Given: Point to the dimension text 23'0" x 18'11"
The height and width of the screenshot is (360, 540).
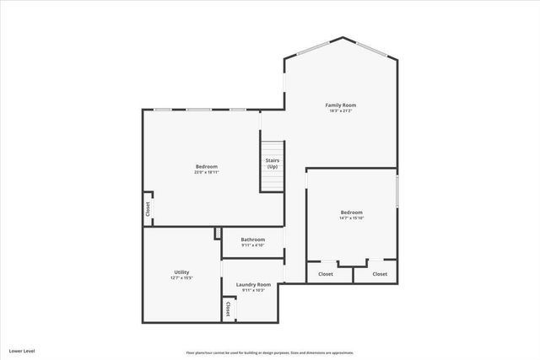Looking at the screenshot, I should [x=207, y=172].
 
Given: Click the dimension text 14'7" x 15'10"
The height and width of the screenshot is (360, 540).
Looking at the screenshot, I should [x=352, y=218].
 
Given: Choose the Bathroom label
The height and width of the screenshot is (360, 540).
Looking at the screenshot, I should [x=252, y=239].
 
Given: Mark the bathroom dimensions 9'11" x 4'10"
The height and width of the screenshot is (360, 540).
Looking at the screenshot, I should [x=252, y=245].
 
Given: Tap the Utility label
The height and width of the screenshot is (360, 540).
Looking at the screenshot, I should [x=181, y=271].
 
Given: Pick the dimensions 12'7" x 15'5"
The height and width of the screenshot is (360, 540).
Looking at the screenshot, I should [x=181, y=277].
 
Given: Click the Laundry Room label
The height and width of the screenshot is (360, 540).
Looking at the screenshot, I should [x=253, y=285].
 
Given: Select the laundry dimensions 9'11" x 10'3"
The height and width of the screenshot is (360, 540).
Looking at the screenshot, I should [x=253, y=291].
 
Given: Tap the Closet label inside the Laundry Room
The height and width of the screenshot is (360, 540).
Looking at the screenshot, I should [x=229, y=309].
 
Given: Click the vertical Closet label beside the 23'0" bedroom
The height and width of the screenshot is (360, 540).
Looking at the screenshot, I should [x=148, y=210].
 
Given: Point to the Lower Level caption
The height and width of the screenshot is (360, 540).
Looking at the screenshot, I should [x=22, y=350].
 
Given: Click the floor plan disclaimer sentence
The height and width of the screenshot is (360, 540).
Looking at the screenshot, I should [x=269, y=352].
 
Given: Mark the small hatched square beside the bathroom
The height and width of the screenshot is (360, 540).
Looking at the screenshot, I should [x=218, y=232].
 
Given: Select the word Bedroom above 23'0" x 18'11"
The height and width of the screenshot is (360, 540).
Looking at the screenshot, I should [x=207, y=166].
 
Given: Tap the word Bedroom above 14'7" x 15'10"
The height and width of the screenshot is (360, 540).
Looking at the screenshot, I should [x=352, y=212].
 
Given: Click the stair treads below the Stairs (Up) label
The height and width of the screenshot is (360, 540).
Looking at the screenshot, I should [x=273, y=180].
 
